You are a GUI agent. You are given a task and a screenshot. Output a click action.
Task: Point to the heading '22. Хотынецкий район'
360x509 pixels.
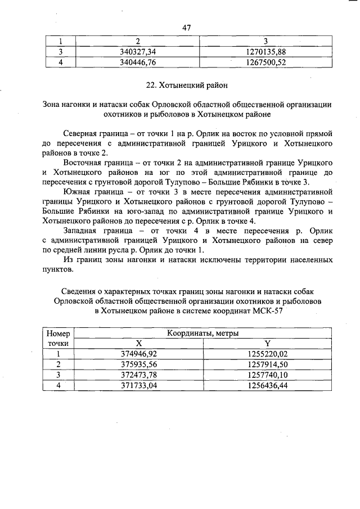tap(187, 85)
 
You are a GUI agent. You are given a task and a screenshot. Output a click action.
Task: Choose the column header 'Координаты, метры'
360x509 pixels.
tap(202, 333)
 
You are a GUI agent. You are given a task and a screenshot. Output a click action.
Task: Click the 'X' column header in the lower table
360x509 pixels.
tap(139, 343)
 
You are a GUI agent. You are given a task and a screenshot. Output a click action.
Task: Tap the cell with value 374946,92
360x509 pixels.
tap(139, 354)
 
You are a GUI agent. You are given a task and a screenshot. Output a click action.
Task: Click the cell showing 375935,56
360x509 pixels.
tap(139, 364)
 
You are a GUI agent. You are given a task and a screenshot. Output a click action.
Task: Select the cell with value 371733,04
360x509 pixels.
tap(139, 385)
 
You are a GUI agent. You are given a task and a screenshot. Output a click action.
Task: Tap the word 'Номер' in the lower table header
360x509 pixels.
tap(58, 334)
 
